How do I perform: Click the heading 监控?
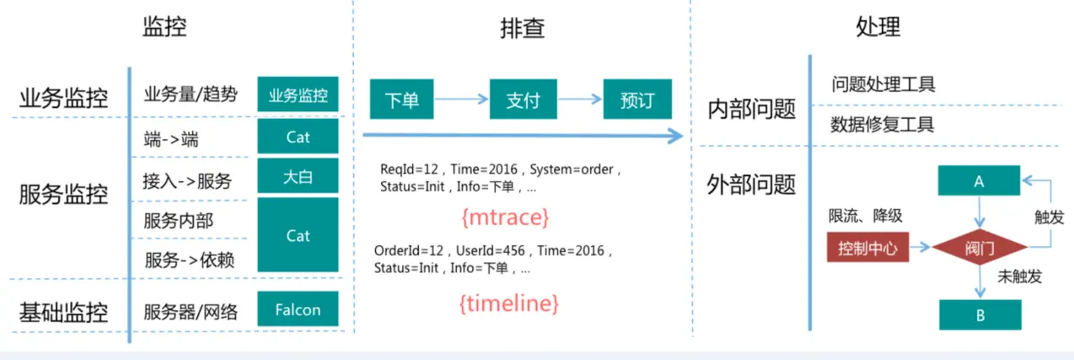pos(164,27)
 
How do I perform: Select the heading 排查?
pos(522,28)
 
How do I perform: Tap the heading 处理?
pos(878,27)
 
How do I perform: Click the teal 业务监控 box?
pos(298,94)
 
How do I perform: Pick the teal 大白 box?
pos(298,175)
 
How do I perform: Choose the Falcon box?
pos(298,309)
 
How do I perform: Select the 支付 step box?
pos(523,100)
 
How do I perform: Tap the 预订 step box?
pos(638,100)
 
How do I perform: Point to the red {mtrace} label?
pos(506,218)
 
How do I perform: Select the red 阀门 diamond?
pos(980,247)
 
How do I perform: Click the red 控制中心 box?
pos(867,248)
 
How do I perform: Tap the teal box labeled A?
pos(979,180)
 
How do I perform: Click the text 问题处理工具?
pos(883,84)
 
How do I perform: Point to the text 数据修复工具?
pos(883,126)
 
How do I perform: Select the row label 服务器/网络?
pos(191,312)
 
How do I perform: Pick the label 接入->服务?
pos(187,180)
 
